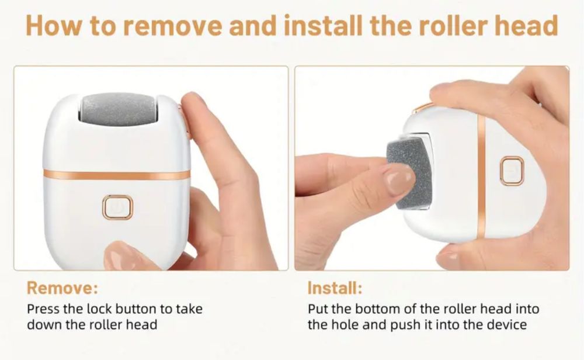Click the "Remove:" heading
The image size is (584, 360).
tap(62, 288)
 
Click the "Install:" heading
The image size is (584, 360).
tap(335, 288)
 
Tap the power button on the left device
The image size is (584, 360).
tap(118, 207)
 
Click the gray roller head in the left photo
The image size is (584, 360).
tap(118, 109)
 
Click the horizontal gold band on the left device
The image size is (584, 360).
tap(117, 174)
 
